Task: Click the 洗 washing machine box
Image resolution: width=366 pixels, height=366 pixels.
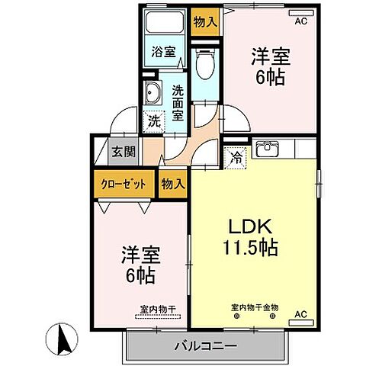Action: (154, 120)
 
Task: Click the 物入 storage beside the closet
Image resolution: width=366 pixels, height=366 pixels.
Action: (173, 183)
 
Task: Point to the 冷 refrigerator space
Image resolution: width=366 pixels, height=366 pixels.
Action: (237, 159)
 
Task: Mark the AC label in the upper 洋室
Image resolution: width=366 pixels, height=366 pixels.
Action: (300, 22)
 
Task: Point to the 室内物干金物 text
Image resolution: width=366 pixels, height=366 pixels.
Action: (255, 307)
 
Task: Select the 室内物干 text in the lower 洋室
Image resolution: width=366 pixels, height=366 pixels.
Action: (158, 309)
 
